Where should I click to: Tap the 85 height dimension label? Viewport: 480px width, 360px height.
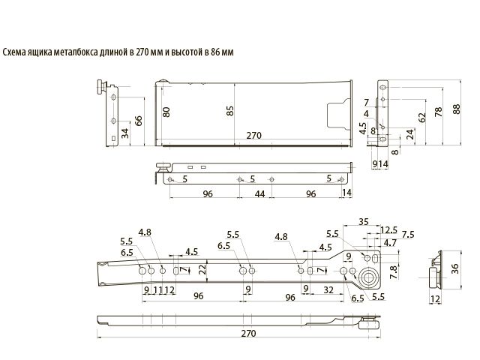coord(230,111)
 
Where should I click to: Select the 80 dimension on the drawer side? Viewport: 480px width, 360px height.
coord(166,112)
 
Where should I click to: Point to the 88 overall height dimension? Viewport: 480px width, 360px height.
coord(457,109)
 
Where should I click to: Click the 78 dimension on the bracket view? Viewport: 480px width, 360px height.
coord(438,112)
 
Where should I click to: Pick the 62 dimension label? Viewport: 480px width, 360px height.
coord(421,118)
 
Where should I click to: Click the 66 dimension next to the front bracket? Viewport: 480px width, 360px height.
coord(139,121)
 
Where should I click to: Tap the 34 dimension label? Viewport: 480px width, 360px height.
coord(125,133)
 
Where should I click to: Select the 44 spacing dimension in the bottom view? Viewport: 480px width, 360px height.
coord(259,193)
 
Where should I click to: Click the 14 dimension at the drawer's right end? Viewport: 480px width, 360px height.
coord(346,193)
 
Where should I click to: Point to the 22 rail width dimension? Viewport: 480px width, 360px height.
coord(202,269)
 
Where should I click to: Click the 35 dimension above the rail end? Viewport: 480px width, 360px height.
coord(363,222)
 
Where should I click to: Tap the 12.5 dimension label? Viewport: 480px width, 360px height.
coord(388,230)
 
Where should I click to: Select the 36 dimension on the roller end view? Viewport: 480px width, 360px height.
coord(455,268)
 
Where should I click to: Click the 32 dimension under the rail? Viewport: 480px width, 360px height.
coord(328,289)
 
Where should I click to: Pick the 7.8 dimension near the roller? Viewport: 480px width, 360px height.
coord(394,272)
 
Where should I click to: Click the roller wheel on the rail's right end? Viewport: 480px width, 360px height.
coord(368,277)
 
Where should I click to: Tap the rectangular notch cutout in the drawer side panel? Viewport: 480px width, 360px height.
coord(338,113)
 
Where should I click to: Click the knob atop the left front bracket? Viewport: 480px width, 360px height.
coord(100,87)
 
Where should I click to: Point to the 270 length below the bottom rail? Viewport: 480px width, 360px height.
coord(248,333)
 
